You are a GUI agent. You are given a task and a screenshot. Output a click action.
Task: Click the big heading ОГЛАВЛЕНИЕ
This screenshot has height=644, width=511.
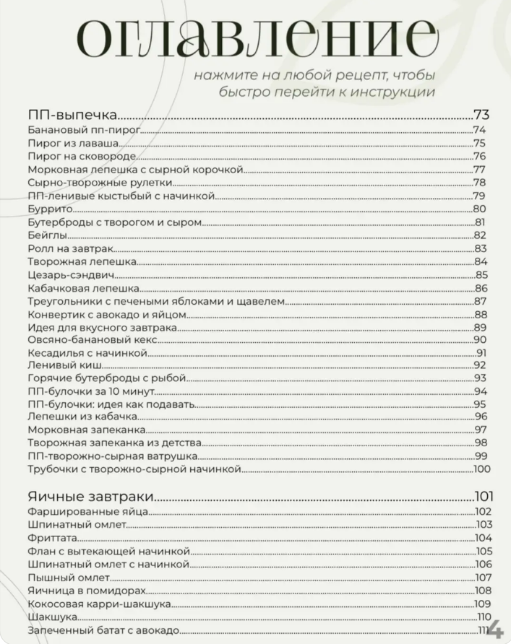(x=257, y=38)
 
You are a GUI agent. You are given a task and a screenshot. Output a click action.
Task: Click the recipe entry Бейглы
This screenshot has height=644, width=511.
(x=48, y=235)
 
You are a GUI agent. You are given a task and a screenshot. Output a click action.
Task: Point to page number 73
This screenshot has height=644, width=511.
(x=482, y=114)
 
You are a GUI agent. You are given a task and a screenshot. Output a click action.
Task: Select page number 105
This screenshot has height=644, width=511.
(x=483, y=551)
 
